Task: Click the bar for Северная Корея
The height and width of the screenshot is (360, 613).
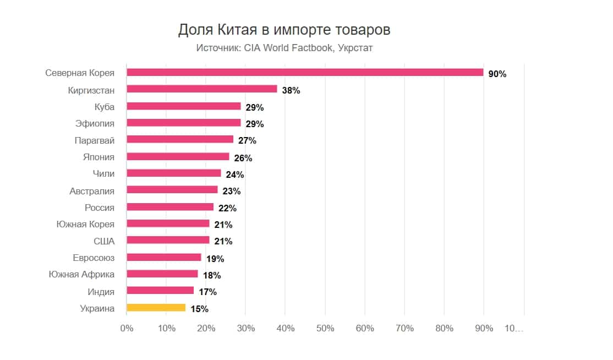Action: point(305,73)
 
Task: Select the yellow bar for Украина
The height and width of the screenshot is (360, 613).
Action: point(156,308)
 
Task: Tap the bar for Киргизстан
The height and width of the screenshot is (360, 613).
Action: point(201,89)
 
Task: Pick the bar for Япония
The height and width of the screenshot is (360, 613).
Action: point(178,156)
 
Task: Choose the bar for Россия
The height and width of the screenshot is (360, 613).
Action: point(170,207)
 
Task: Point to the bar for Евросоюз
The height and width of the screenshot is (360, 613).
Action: point(164,257)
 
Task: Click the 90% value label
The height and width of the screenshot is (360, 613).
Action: point(497,74)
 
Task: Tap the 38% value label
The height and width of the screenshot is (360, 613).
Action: point(291,90)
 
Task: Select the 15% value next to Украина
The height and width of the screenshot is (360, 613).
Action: point(199,309)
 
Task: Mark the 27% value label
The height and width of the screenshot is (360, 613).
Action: point(247,140)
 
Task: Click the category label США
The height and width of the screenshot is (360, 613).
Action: point(104,241)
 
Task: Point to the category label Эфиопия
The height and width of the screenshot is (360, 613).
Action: point(95,123)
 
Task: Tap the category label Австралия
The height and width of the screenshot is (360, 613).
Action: point(92,191)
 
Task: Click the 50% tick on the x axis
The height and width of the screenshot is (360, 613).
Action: point(325,328)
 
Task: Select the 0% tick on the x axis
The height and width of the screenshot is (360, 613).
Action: point(127,328)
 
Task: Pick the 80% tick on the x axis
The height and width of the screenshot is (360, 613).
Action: point(444,328)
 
